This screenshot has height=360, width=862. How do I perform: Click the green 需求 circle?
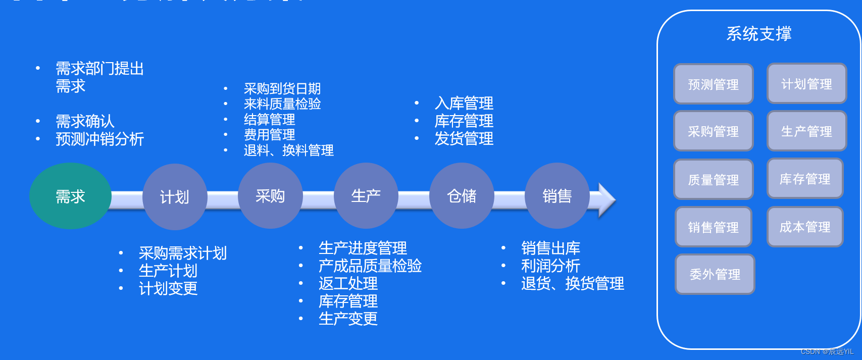pos(70,196)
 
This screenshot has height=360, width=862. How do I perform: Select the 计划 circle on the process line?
pos(175,196)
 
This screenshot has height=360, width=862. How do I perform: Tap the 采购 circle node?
pos(270,196)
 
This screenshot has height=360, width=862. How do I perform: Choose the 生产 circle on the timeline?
pos(366,196)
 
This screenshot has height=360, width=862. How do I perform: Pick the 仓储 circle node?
pos(462,196)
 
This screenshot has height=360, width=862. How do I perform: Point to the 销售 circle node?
pos(557,196)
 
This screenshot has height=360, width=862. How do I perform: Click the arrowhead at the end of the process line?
pos(606,200)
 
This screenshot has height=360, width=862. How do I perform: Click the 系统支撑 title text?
pos(759,34)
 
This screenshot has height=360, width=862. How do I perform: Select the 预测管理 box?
pos(714,84)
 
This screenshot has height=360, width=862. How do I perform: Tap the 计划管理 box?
pos(806,84)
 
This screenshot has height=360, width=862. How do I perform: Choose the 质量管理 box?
pos(714,179)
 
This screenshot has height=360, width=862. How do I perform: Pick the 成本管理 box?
pos(805,227)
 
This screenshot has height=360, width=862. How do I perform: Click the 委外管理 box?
pos(715,274)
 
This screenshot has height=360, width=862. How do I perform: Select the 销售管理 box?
pos(714,227)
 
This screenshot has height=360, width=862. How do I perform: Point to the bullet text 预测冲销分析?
pos(100,139)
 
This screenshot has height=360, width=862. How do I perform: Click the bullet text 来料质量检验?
pos(282,104)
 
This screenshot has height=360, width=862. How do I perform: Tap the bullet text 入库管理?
pos(464,104)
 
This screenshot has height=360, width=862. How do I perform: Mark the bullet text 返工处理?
pos(348,283)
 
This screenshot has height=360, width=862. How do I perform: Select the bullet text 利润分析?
pos(550,266)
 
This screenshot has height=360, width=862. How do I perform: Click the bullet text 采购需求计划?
pos(183,253)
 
